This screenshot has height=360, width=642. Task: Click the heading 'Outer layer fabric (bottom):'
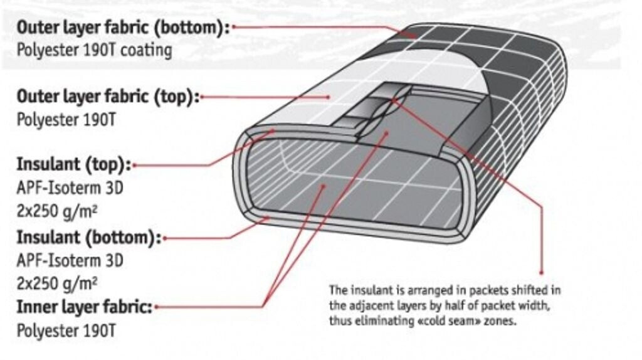point(122,28)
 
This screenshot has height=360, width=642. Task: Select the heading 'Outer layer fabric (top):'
point(107,97)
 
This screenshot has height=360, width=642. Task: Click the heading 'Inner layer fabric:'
point(84,307)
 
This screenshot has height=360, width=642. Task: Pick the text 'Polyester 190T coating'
point(94,50)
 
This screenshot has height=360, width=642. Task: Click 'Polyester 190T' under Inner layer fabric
point(59,330)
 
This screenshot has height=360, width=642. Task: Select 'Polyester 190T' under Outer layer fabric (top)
point(59,119)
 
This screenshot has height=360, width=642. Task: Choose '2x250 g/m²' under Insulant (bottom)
point(56,283)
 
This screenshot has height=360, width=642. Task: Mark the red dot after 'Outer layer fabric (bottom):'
point(234,28)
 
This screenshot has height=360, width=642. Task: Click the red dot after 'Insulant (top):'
point(134,166)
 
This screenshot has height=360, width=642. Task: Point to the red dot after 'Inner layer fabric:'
point(156,307)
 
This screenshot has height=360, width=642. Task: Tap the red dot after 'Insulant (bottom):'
point(164,239)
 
